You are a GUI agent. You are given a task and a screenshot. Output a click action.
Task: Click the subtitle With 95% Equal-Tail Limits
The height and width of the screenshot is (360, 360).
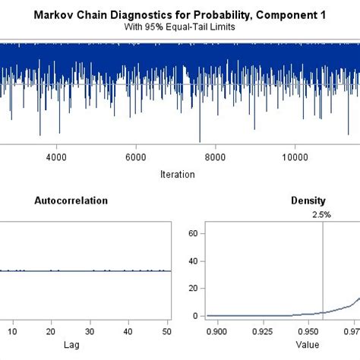point(179,26)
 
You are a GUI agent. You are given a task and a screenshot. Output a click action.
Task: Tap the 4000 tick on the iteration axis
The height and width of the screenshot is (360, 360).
point(55,158)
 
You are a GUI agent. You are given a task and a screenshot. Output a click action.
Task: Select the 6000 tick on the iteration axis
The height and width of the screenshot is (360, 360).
point(135,158)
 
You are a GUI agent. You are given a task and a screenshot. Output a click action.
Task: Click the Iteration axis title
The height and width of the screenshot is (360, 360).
point(178,174)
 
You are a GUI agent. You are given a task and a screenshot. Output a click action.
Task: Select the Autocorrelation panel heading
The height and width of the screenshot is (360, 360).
point(71,201)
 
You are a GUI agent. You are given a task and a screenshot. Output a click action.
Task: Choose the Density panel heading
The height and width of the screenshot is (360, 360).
point(308,201)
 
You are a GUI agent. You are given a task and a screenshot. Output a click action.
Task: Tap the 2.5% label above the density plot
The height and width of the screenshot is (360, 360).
point(323,215)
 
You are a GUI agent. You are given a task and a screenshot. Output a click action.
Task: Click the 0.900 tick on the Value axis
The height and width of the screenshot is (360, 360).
point(218,331)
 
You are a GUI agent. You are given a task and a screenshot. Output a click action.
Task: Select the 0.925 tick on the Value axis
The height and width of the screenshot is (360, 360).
point(263,331)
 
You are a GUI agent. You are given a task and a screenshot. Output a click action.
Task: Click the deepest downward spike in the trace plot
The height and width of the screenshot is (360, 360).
point(200,141)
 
